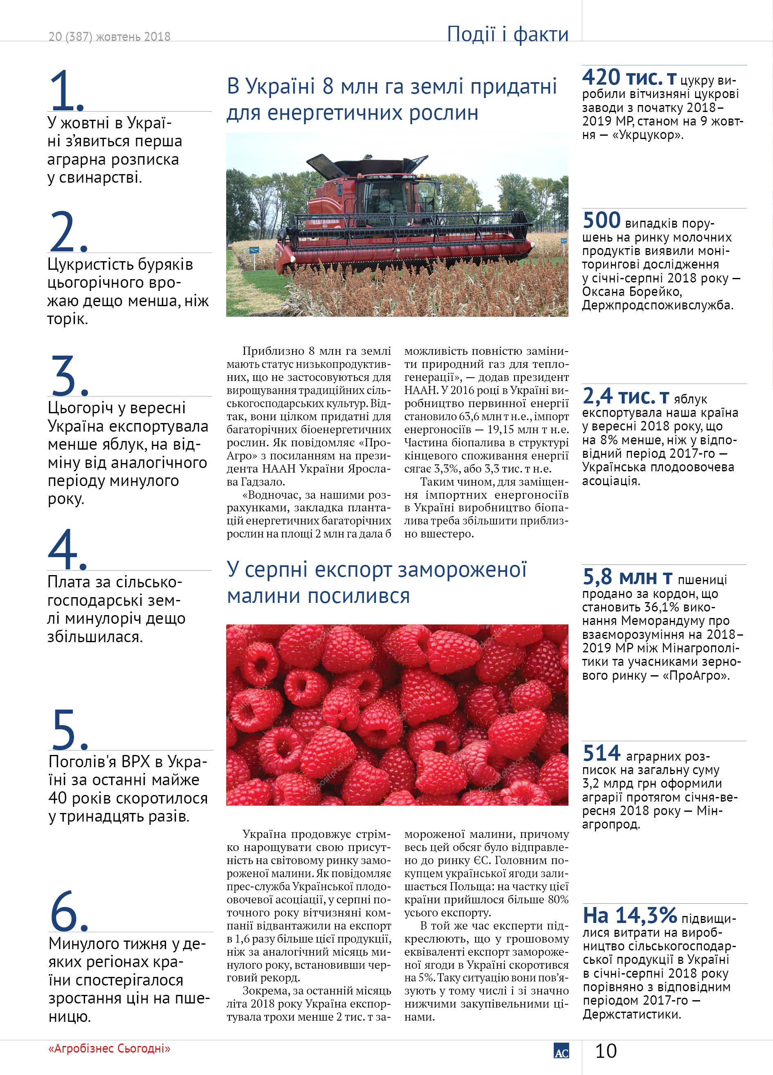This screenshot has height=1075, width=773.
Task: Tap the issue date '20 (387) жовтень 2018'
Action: point(109,36)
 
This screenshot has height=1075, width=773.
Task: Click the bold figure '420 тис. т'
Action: point(629,78)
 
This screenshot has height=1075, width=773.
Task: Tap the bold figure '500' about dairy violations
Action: point(601,220)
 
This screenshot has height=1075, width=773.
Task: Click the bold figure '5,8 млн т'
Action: point(627,577)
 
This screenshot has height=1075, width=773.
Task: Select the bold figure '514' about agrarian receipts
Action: point(601,753)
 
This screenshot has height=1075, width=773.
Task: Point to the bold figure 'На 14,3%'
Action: point(629,915)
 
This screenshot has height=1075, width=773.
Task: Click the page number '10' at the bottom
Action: point(606,1051)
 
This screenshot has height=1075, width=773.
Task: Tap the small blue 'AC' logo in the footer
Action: point(561,1051)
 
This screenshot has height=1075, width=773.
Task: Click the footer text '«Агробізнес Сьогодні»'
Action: point(109,1048)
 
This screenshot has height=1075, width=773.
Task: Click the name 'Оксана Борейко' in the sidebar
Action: point(631,291)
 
